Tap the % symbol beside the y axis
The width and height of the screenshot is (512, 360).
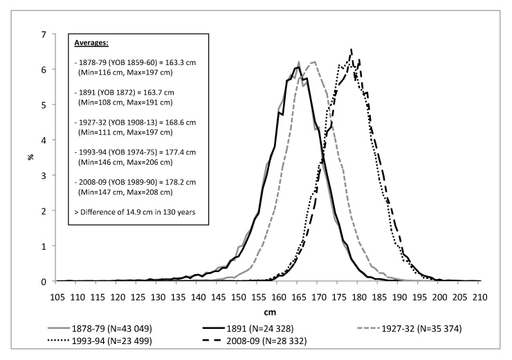[x=30, y=157]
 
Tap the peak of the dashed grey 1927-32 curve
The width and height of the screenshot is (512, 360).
[x=314, y=62]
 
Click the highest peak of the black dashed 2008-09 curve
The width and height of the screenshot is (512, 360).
[x=351, y=49]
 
